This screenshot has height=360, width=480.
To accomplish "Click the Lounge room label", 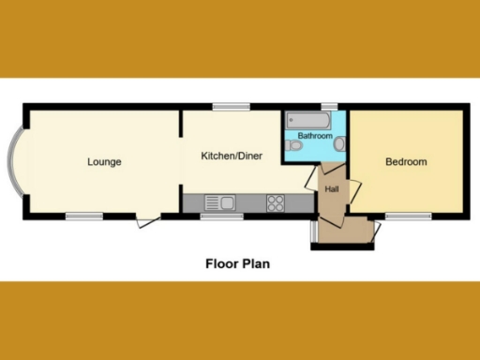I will point(104,162).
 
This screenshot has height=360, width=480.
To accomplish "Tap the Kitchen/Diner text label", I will point(232,156).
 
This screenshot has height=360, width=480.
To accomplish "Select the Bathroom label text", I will point(315,137).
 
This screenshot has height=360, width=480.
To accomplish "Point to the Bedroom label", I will point(406,162).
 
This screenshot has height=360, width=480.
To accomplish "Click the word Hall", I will point(332,189).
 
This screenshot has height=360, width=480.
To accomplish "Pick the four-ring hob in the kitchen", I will point(277,202).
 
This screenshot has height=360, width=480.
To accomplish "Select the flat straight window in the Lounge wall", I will point(83,217).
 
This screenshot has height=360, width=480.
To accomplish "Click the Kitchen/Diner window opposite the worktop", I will point(230,107).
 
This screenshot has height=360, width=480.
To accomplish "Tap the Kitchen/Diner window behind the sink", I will point(222,217).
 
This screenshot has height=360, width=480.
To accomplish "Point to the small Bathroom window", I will point(329,107).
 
